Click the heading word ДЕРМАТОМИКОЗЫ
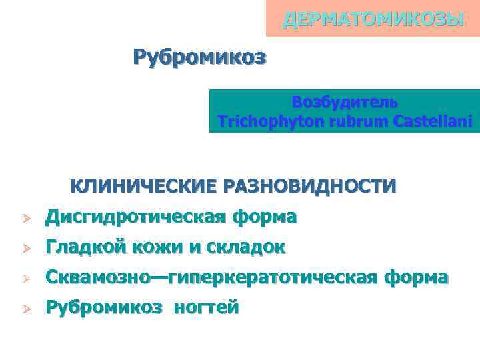[x=373, y=19]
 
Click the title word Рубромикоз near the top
[x=199, y=57]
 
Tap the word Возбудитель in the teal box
[x=345, y=103]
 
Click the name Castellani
[x=433, y=122]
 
